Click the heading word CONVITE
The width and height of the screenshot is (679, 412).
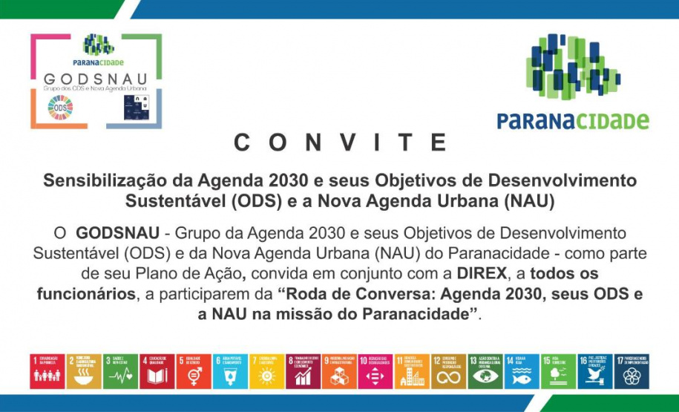339,143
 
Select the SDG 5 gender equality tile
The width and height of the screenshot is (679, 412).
194,371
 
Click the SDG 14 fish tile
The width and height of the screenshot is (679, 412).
522,371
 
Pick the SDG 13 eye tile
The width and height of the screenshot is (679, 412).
485,371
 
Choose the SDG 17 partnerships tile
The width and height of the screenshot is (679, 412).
631,371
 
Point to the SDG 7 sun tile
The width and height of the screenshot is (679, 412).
266,371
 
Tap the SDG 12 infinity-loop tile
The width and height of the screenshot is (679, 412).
449,371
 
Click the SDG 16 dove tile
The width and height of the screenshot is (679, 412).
594,371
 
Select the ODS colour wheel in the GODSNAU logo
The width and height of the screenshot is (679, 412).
60,108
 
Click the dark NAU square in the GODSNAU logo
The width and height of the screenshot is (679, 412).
137,108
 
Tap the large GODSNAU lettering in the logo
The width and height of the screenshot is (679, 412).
95,79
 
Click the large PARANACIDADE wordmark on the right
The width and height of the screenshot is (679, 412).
572,120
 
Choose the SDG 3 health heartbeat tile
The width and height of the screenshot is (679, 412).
120,371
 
